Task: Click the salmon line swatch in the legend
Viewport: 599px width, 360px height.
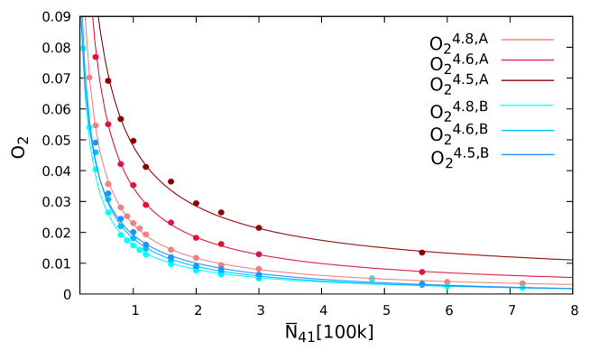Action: [528, 40]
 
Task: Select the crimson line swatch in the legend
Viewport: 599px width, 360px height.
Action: [528, 60]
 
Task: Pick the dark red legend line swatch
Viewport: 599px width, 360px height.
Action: [528, 81]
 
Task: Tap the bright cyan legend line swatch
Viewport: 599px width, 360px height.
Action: [528, 106]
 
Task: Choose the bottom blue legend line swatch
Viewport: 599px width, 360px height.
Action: [528, 154]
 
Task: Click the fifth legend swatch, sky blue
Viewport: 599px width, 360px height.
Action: [528, 130]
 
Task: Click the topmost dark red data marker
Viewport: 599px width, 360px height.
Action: [108, 80]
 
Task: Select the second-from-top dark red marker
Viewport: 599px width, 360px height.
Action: [121, 119]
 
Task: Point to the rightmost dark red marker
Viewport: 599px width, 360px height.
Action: [421, 253]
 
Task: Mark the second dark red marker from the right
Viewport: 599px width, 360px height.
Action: [258, 227]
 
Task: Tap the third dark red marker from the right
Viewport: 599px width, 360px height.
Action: [221, 213]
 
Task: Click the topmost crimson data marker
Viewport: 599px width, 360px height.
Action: [96, 57]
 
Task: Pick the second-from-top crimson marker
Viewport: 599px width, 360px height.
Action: [108, 125]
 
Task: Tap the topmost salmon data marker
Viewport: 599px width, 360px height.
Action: [89, 78]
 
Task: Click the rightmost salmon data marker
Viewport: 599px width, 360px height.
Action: [522, 282]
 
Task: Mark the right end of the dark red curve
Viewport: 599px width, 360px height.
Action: [571, 260]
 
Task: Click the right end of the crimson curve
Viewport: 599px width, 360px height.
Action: [571, 277]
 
